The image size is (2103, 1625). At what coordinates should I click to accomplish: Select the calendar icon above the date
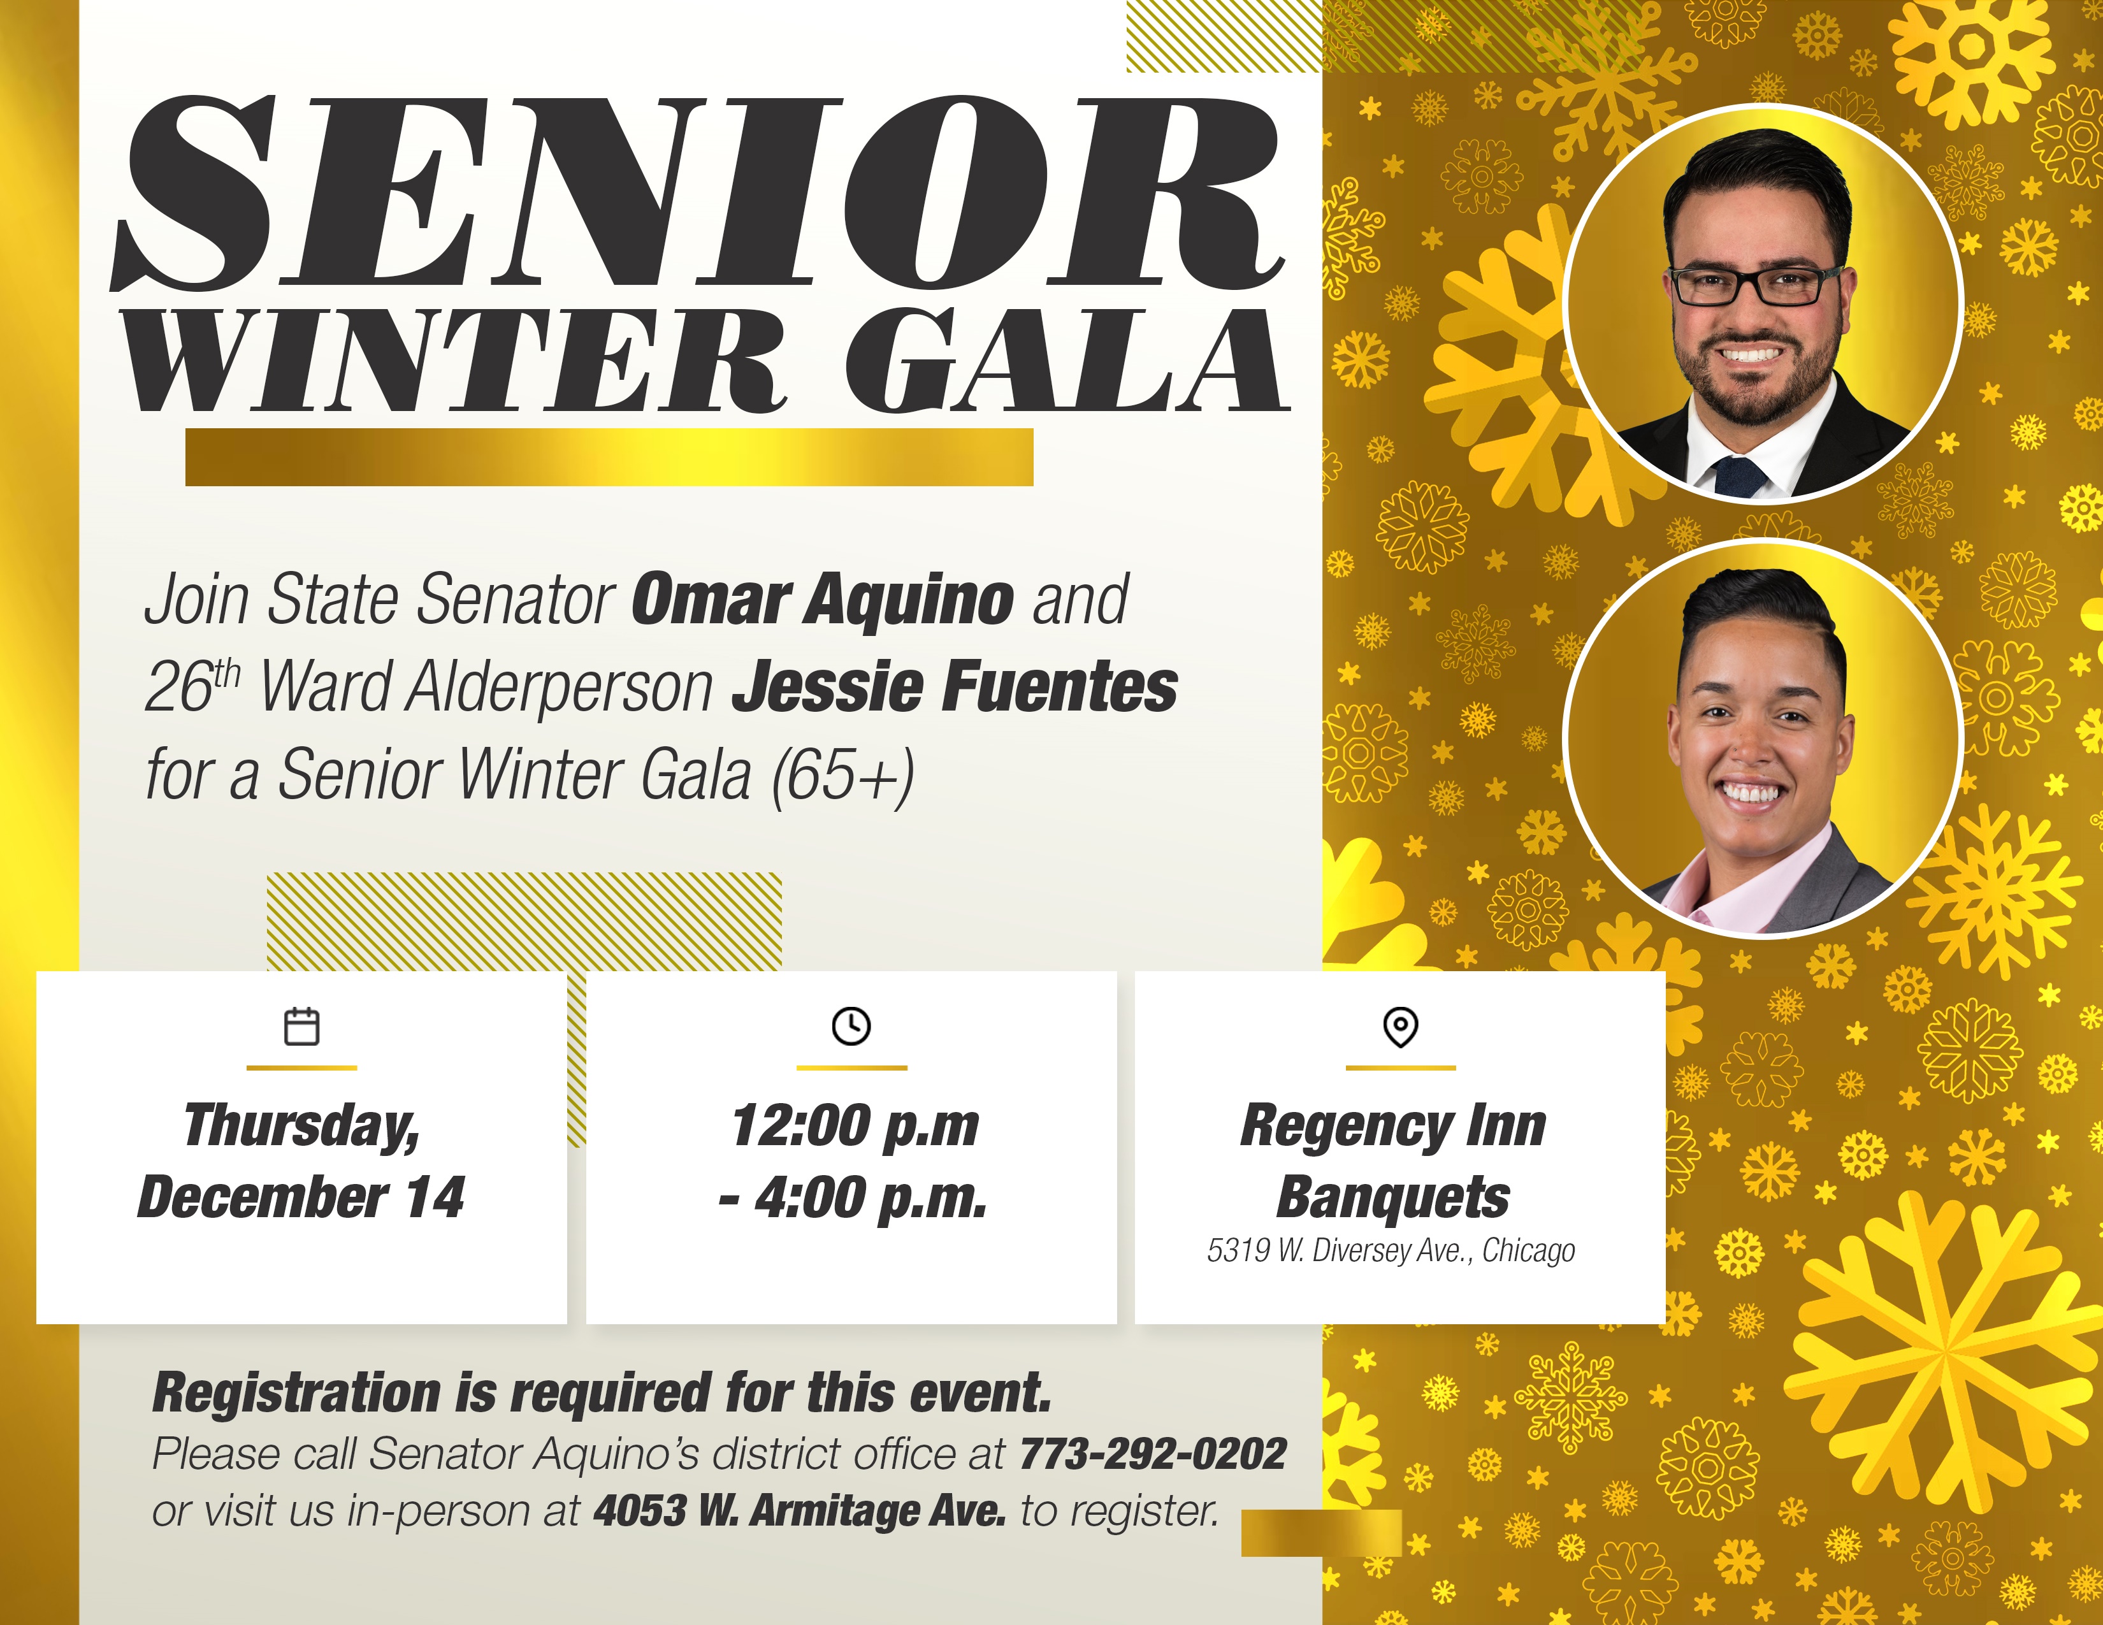[301, 1026]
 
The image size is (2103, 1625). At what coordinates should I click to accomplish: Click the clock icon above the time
[851, 1026]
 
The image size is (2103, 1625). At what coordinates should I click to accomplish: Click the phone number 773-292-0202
[1153, 1454]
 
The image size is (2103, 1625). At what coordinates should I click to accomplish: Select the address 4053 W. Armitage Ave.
[799, 1510]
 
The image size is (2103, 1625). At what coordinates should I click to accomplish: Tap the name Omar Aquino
[822, 599]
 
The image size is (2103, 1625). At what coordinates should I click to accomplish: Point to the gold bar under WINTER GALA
[609, 458]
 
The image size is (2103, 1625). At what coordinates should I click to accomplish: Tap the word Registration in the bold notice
[296, 1393]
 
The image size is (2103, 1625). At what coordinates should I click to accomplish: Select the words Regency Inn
[1392, 1126]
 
